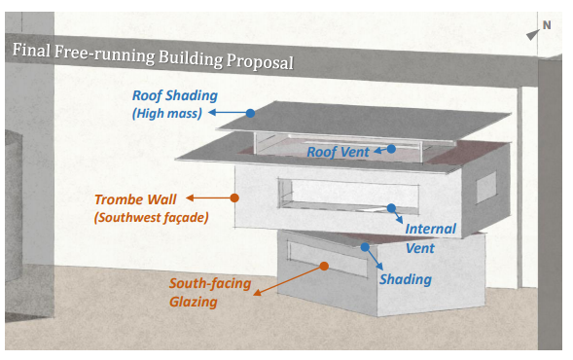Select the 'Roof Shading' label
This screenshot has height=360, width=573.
pos(176,96)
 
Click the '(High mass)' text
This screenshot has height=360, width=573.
pos(167,115)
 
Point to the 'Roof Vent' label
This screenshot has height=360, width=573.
pos(338,152)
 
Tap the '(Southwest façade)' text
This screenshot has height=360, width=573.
pos(152,217)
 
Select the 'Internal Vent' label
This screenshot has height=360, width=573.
pos(430,238)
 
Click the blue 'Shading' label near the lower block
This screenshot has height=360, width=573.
pos(404,279)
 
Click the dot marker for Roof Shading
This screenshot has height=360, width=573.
pos(250,113)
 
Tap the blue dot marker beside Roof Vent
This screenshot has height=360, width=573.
pos(390,149)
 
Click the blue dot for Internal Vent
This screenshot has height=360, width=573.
pos(391,207)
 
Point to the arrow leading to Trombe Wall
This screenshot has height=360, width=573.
pos(210,198)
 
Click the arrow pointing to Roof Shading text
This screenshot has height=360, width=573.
pos(228,113)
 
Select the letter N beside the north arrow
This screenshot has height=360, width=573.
pos(546,25)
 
